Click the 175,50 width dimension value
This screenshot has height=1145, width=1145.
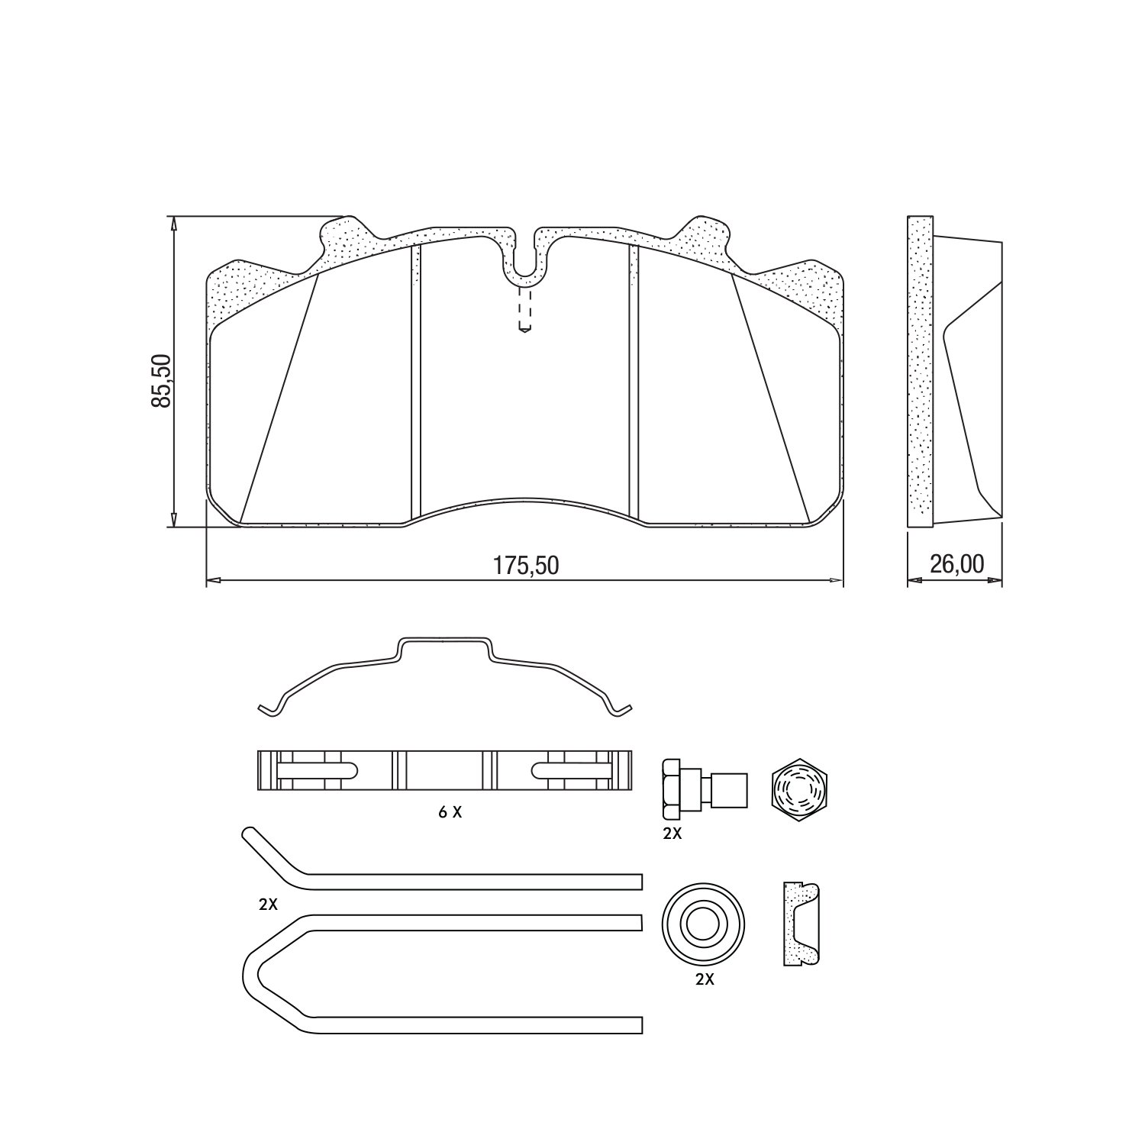coord(525,566)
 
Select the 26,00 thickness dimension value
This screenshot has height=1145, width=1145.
coord(956,564)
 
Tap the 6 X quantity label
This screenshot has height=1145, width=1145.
coord(450,813)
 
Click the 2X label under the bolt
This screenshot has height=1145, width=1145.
coord(672,834)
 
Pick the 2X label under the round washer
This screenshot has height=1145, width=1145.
coord(704,980)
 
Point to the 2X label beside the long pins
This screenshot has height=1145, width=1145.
coord(267,905)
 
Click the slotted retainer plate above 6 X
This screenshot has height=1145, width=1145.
coord(446,771)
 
